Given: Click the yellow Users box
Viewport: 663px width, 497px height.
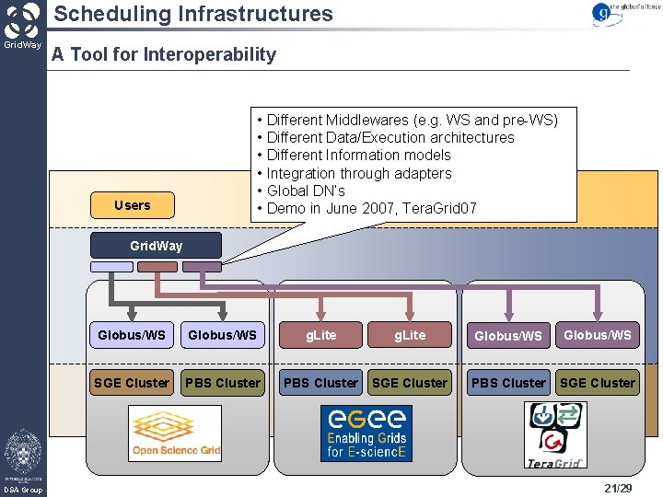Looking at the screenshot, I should coord(133,205).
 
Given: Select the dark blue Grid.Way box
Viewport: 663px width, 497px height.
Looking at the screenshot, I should coord(156,246).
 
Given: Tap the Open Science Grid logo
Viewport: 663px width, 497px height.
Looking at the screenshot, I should coord(175,433).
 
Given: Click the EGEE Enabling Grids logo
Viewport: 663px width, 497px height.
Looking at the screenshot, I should coord(366,433).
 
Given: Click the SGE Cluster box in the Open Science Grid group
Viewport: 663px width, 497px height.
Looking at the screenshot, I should coord(132,383).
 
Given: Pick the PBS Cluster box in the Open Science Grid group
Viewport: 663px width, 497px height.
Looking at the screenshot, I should coord(223,383).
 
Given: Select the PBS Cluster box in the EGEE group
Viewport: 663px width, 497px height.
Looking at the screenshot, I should coord(320,383).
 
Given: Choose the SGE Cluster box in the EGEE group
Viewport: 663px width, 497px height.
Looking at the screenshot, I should coord(410,383).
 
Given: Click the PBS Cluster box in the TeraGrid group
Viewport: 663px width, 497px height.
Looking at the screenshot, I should coord(508,383).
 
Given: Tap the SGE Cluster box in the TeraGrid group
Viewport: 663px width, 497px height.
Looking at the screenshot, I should coord(598,383).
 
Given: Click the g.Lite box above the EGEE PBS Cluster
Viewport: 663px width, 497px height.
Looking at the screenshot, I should coord(320,335).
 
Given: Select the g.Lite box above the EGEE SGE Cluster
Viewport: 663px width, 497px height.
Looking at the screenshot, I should coord(410,335).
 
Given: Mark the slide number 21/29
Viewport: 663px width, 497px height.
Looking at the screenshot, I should coord(618,488).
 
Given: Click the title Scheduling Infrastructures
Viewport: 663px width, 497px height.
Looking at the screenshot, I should coord(192,14).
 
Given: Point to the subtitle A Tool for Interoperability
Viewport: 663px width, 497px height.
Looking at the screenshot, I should coord(164,54).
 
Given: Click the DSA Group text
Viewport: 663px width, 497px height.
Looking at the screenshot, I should coord(23,490).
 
